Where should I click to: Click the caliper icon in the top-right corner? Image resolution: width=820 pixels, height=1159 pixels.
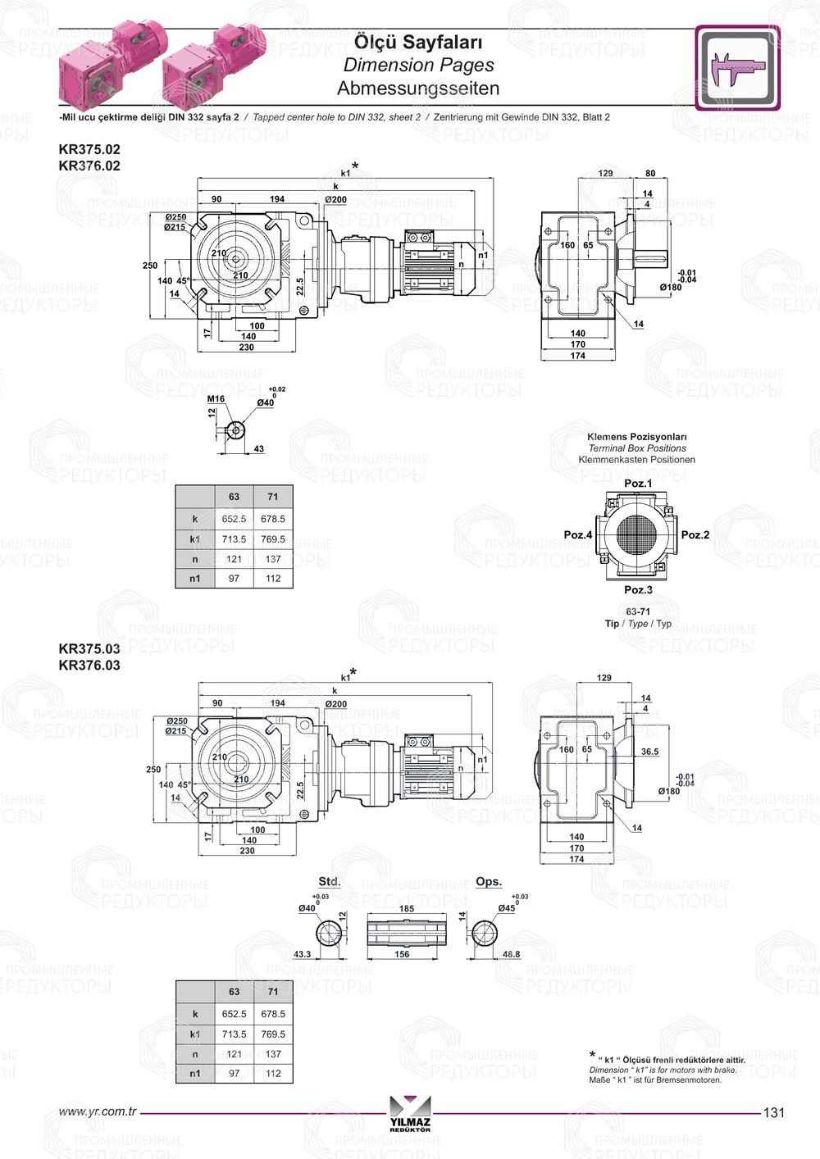(x=737, y=68)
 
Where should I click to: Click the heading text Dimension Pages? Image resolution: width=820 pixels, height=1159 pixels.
(x=418, y=65)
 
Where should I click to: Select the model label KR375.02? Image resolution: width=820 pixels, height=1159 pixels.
(x=89, y=149)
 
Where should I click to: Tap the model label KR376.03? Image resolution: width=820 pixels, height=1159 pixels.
(x=89, y=665)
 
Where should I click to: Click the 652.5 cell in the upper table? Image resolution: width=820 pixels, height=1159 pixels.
(x=234, y=519)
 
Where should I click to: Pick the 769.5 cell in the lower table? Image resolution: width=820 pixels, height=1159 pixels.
(x=273, y=1034)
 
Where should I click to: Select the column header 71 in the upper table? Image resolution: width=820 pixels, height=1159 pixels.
(x=273, y=497)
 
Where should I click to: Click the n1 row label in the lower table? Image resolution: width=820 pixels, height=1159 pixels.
(x=195, y=1073)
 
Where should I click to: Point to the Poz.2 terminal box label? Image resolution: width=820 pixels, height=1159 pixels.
(x=695, y=534)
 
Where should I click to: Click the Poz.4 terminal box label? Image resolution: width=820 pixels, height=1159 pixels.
(x=577, y=534)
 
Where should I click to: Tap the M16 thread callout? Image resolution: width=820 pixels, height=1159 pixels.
(x=216, y=399)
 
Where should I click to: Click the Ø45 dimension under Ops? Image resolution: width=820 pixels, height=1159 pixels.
(x=507, y=907)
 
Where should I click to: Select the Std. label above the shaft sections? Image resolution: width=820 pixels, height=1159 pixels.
(x=329, y=881)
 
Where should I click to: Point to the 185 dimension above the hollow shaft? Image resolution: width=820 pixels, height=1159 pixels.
(x=407, y=908)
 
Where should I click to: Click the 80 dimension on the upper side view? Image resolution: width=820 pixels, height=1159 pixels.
(x=650, y=174)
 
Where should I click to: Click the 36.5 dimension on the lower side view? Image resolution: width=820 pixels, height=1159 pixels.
(x=649, y=751)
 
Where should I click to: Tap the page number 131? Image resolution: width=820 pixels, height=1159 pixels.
(x=773, y=1112)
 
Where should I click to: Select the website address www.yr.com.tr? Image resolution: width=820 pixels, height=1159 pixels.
(x=98, y=1111)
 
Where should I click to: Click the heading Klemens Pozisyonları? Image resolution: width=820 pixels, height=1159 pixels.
(x=636, y=437)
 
